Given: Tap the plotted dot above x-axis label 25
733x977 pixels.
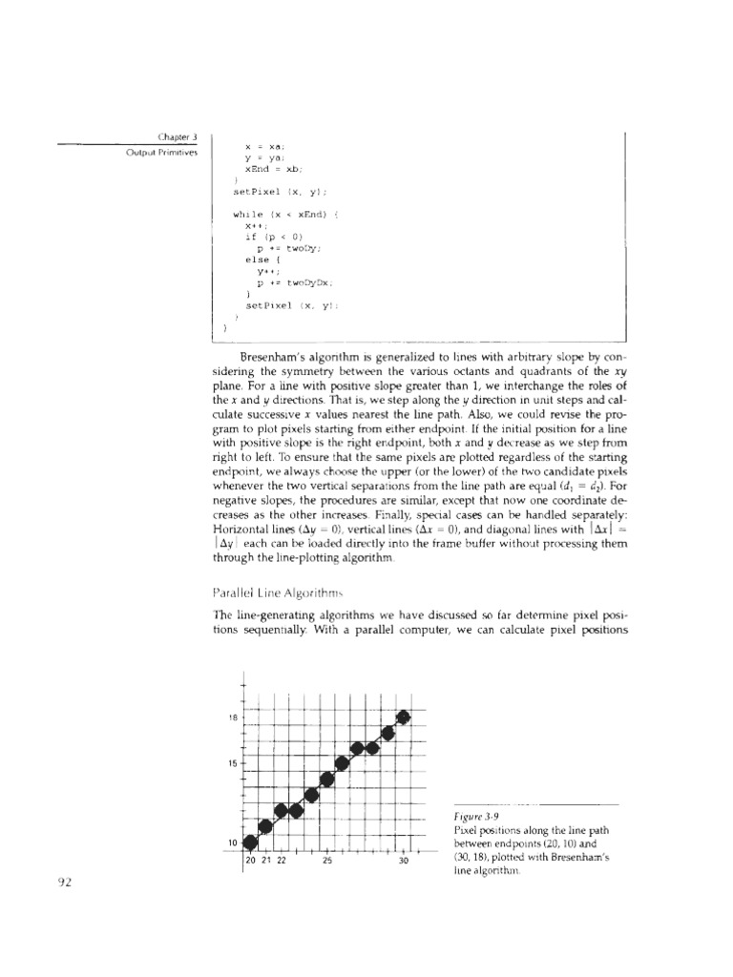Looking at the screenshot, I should point(326,779).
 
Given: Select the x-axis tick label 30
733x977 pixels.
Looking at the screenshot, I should point(403,861).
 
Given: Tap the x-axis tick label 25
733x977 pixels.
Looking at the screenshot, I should point(326,861).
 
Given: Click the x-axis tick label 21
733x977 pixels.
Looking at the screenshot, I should point(266,861).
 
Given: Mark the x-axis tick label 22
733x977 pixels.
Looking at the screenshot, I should point(282,861).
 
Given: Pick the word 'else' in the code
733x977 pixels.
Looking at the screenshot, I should point(256,259).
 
